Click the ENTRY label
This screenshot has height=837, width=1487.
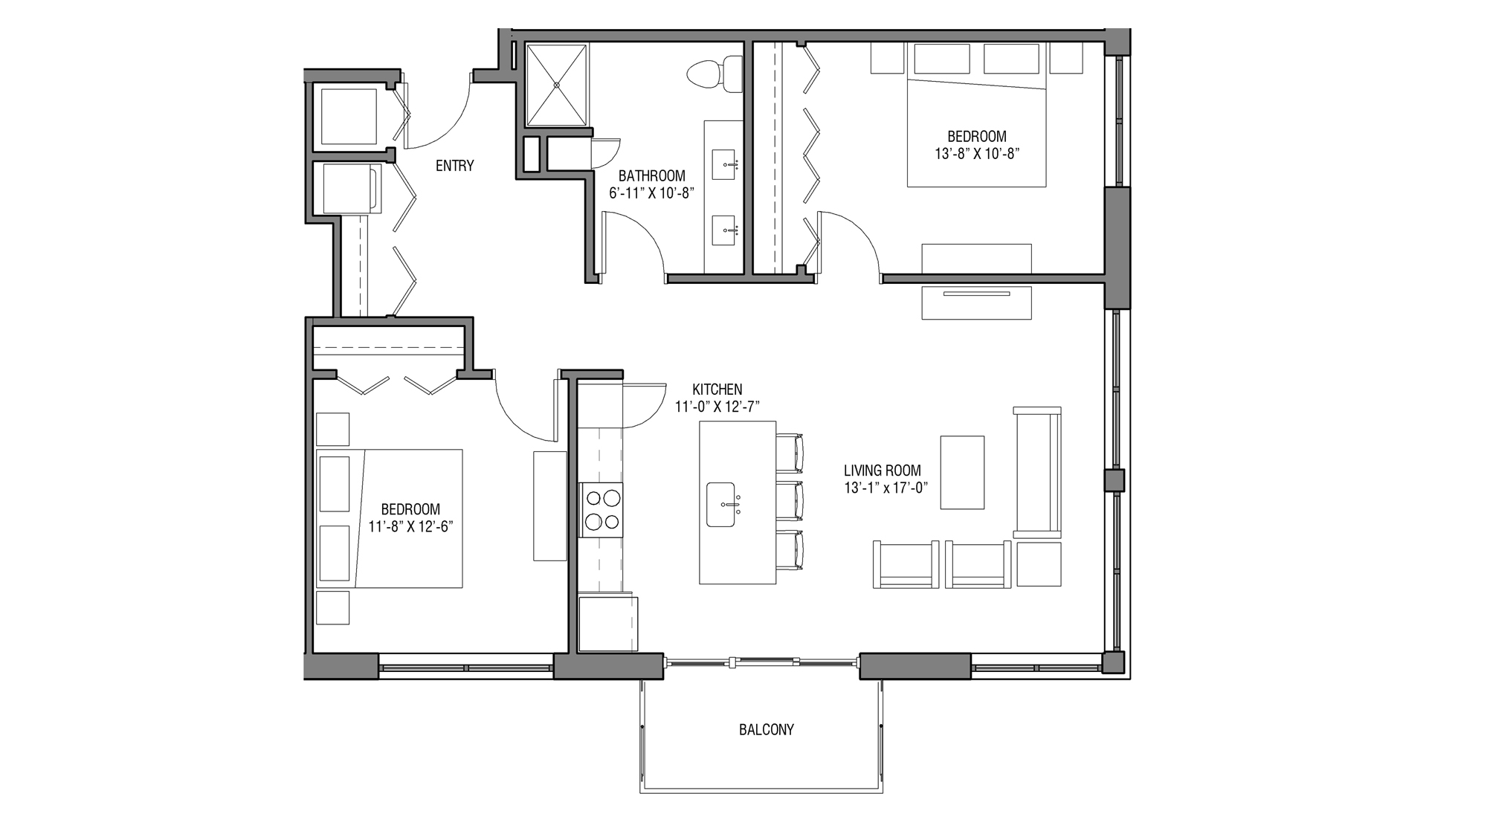pos(454,166)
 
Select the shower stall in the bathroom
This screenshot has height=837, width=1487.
pos(556,85)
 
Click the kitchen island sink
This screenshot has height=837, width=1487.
pos(721,505)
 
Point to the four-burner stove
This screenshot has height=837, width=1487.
pos(601,509)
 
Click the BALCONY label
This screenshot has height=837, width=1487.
pos(766,730)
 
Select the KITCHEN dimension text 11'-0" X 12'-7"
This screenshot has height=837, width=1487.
pos(717,407)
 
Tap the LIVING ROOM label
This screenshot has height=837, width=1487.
pos(882,471)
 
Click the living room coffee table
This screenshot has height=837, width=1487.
pos(962,473)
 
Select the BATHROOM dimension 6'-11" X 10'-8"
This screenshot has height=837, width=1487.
pos(651,193)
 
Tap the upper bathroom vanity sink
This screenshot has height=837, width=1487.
pos(724,164)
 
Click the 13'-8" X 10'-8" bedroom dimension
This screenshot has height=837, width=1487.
pos(976,154)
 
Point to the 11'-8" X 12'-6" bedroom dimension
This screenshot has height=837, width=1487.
pos(410,527)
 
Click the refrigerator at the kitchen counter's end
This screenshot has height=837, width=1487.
pos(607,623)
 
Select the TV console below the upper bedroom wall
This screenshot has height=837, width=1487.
pos(976,303)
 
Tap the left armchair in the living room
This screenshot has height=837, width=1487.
pos(905,565)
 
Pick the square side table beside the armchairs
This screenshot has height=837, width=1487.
pos(1039,565)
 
